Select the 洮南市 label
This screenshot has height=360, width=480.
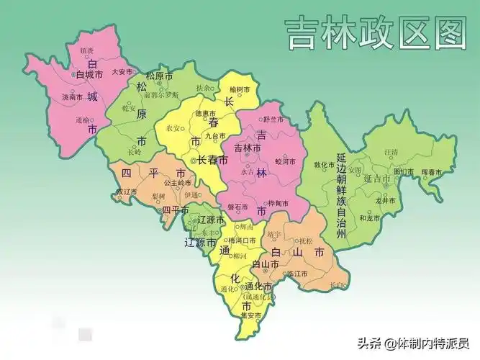point(72,96)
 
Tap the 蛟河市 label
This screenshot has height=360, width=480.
point(286,162)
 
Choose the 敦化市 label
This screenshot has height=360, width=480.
point(325,164)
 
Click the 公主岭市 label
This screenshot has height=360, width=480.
point(176,183)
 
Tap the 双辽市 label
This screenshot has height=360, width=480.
point(127,192)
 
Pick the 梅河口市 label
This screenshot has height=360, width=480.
point(241,240)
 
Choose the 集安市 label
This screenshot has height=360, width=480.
point(250,315)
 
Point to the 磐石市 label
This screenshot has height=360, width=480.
point(237,206)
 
